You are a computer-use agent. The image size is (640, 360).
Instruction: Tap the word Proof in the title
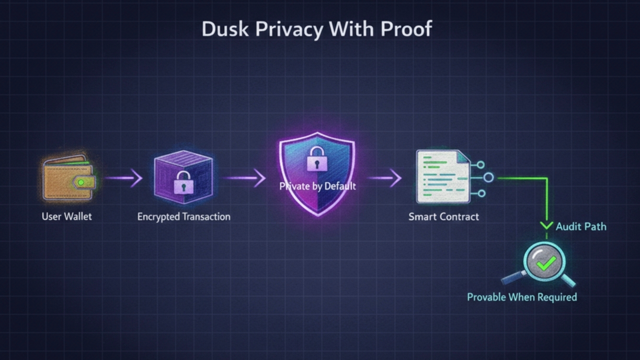[x=406, y=29]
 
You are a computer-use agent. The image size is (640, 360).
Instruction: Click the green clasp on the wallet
[x=82, y=183]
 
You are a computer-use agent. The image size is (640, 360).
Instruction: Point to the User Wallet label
[x=66, y=216]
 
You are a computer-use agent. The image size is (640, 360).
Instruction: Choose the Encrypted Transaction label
[x=184, y=216]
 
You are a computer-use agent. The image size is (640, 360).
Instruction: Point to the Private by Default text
[x=317, y=186]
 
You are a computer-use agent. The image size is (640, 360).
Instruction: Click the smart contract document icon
[x=442, y=177]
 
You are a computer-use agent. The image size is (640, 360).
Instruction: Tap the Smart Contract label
[x=443, y=216]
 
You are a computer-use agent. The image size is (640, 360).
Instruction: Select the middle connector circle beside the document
[x=488, y=178]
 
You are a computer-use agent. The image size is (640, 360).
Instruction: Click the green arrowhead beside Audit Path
[x=546, y=226]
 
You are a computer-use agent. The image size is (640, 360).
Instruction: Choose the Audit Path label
[x=581, y=227]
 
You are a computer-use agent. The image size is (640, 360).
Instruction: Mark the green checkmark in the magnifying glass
[x=546, y=263]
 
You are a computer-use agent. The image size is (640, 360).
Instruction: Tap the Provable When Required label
[x=522, y=297]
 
